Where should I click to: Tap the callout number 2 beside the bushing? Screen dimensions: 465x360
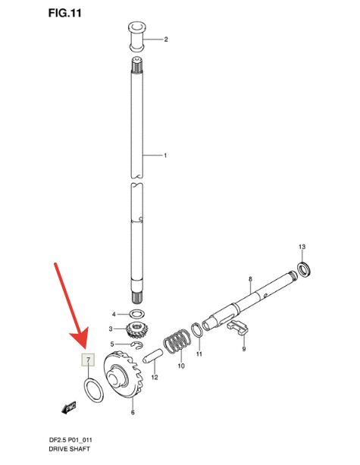[x=165, y=39]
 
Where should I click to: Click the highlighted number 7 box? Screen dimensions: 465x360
[x=88, y=360]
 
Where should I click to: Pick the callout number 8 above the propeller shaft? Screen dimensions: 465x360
[x=249, y=280]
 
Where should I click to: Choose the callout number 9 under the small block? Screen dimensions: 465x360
[x=244, y=349]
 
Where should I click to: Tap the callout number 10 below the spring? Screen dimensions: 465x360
[x=181, y=365]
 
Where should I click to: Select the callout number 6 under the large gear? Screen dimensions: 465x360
[x=133, y=412]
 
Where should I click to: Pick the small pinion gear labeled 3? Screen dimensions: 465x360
[x=137, y=330]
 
